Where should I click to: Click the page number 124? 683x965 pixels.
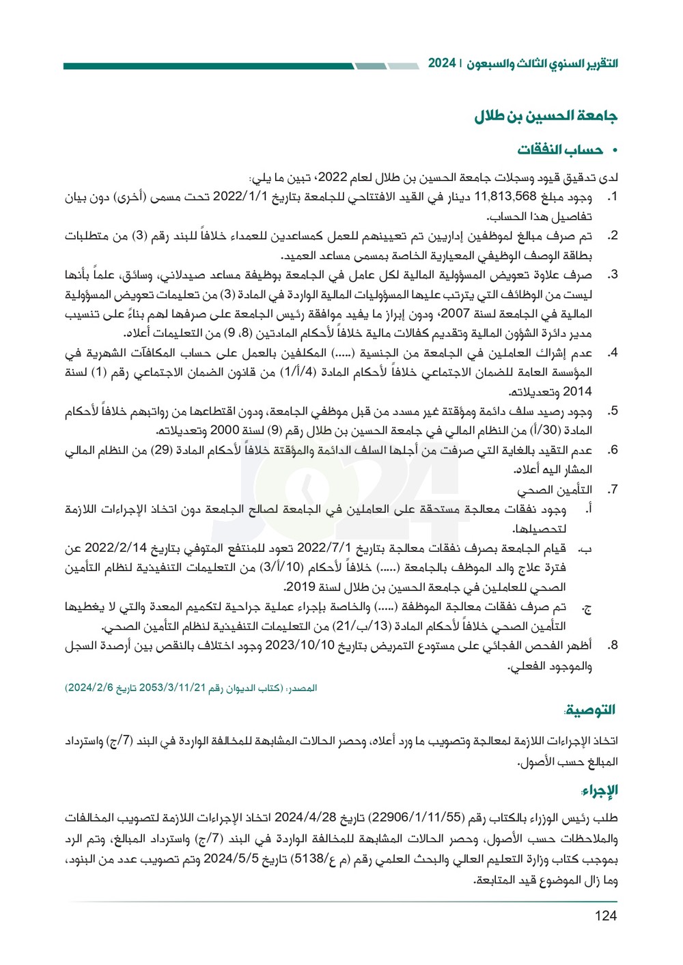pos(605,916)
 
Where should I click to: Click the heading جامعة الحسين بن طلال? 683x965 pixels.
pos(546,116)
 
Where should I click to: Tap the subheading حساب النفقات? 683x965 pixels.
pos(559,150)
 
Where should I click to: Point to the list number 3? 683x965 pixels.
pos(613,275)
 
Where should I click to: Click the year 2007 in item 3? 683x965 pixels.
pos(455,314)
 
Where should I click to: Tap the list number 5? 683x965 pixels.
pos(613,411)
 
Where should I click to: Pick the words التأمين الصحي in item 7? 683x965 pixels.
pos(554,490)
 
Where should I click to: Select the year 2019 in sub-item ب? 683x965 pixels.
pos(301,587)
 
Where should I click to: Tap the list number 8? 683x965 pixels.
pos(613,645)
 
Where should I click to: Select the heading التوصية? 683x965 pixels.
pos(590,710)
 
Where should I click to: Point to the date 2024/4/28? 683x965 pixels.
pos(306,817)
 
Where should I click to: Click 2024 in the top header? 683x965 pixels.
pos(442,63)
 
